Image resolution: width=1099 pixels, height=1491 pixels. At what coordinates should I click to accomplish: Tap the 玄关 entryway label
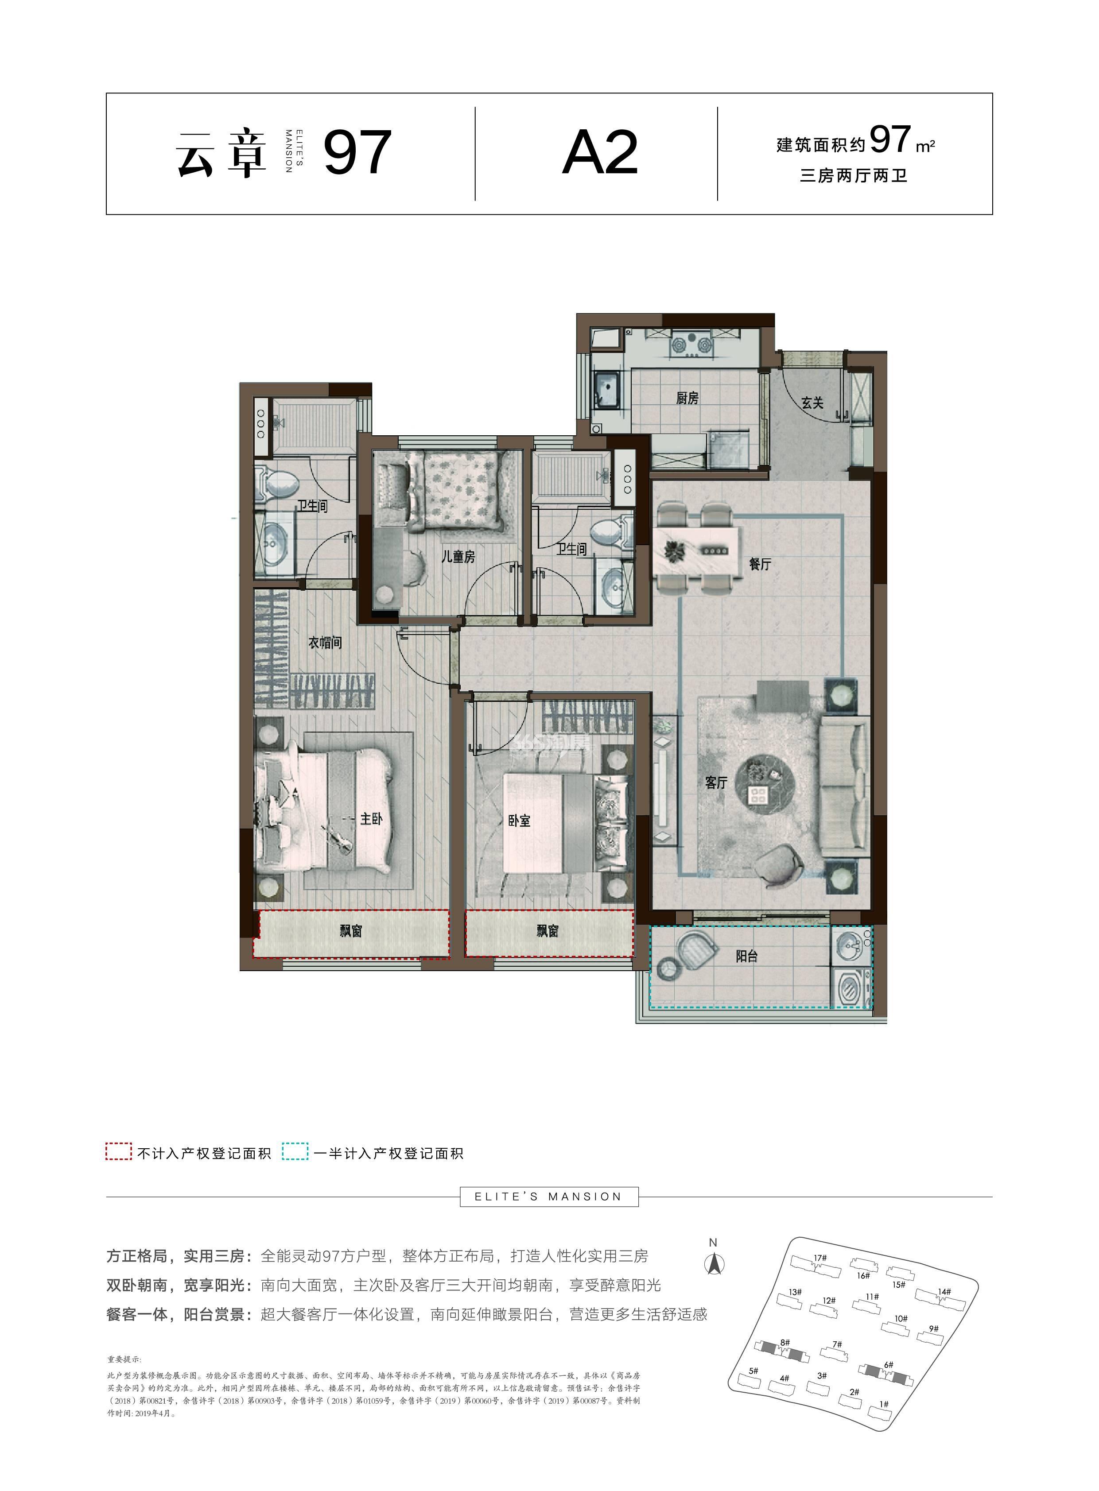812,403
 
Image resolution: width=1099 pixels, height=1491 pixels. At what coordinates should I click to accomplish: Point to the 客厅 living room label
716,783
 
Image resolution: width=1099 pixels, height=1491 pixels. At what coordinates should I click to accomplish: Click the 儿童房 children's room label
458,557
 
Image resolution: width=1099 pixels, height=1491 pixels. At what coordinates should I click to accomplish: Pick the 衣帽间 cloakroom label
325,643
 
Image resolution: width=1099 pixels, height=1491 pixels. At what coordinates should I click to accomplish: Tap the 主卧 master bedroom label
371,819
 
